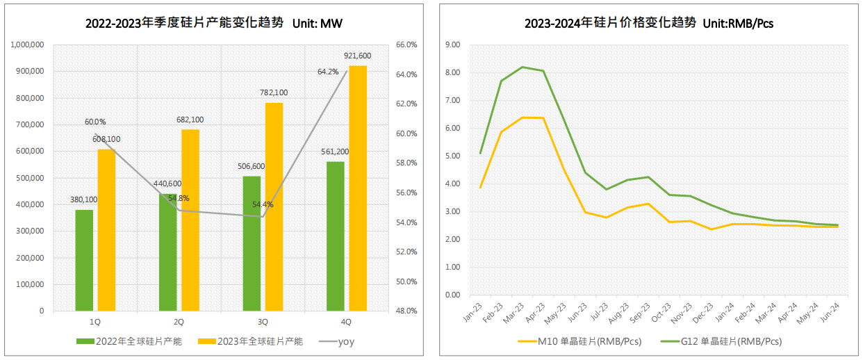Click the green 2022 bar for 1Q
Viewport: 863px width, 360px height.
click(84, 260)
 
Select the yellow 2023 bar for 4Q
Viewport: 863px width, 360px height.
click(358, 188)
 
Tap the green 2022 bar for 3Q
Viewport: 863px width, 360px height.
click(252, 243)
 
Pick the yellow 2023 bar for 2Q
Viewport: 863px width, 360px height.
click(190, 220)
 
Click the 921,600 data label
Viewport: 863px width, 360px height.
click(358, 56)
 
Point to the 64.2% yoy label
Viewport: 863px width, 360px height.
click(328, 72)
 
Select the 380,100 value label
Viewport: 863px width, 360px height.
click(84, 199)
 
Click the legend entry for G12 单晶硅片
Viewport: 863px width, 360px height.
click(721, 341)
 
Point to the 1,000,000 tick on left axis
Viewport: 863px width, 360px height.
click(28, 44)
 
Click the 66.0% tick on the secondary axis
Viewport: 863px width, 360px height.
click(406, 44)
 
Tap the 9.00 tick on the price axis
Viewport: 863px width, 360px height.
click(452, 44)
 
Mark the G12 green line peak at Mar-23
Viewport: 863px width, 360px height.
click(522, 67)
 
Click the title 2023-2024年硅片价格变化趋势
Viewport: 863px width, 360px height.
click(610, 23)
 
